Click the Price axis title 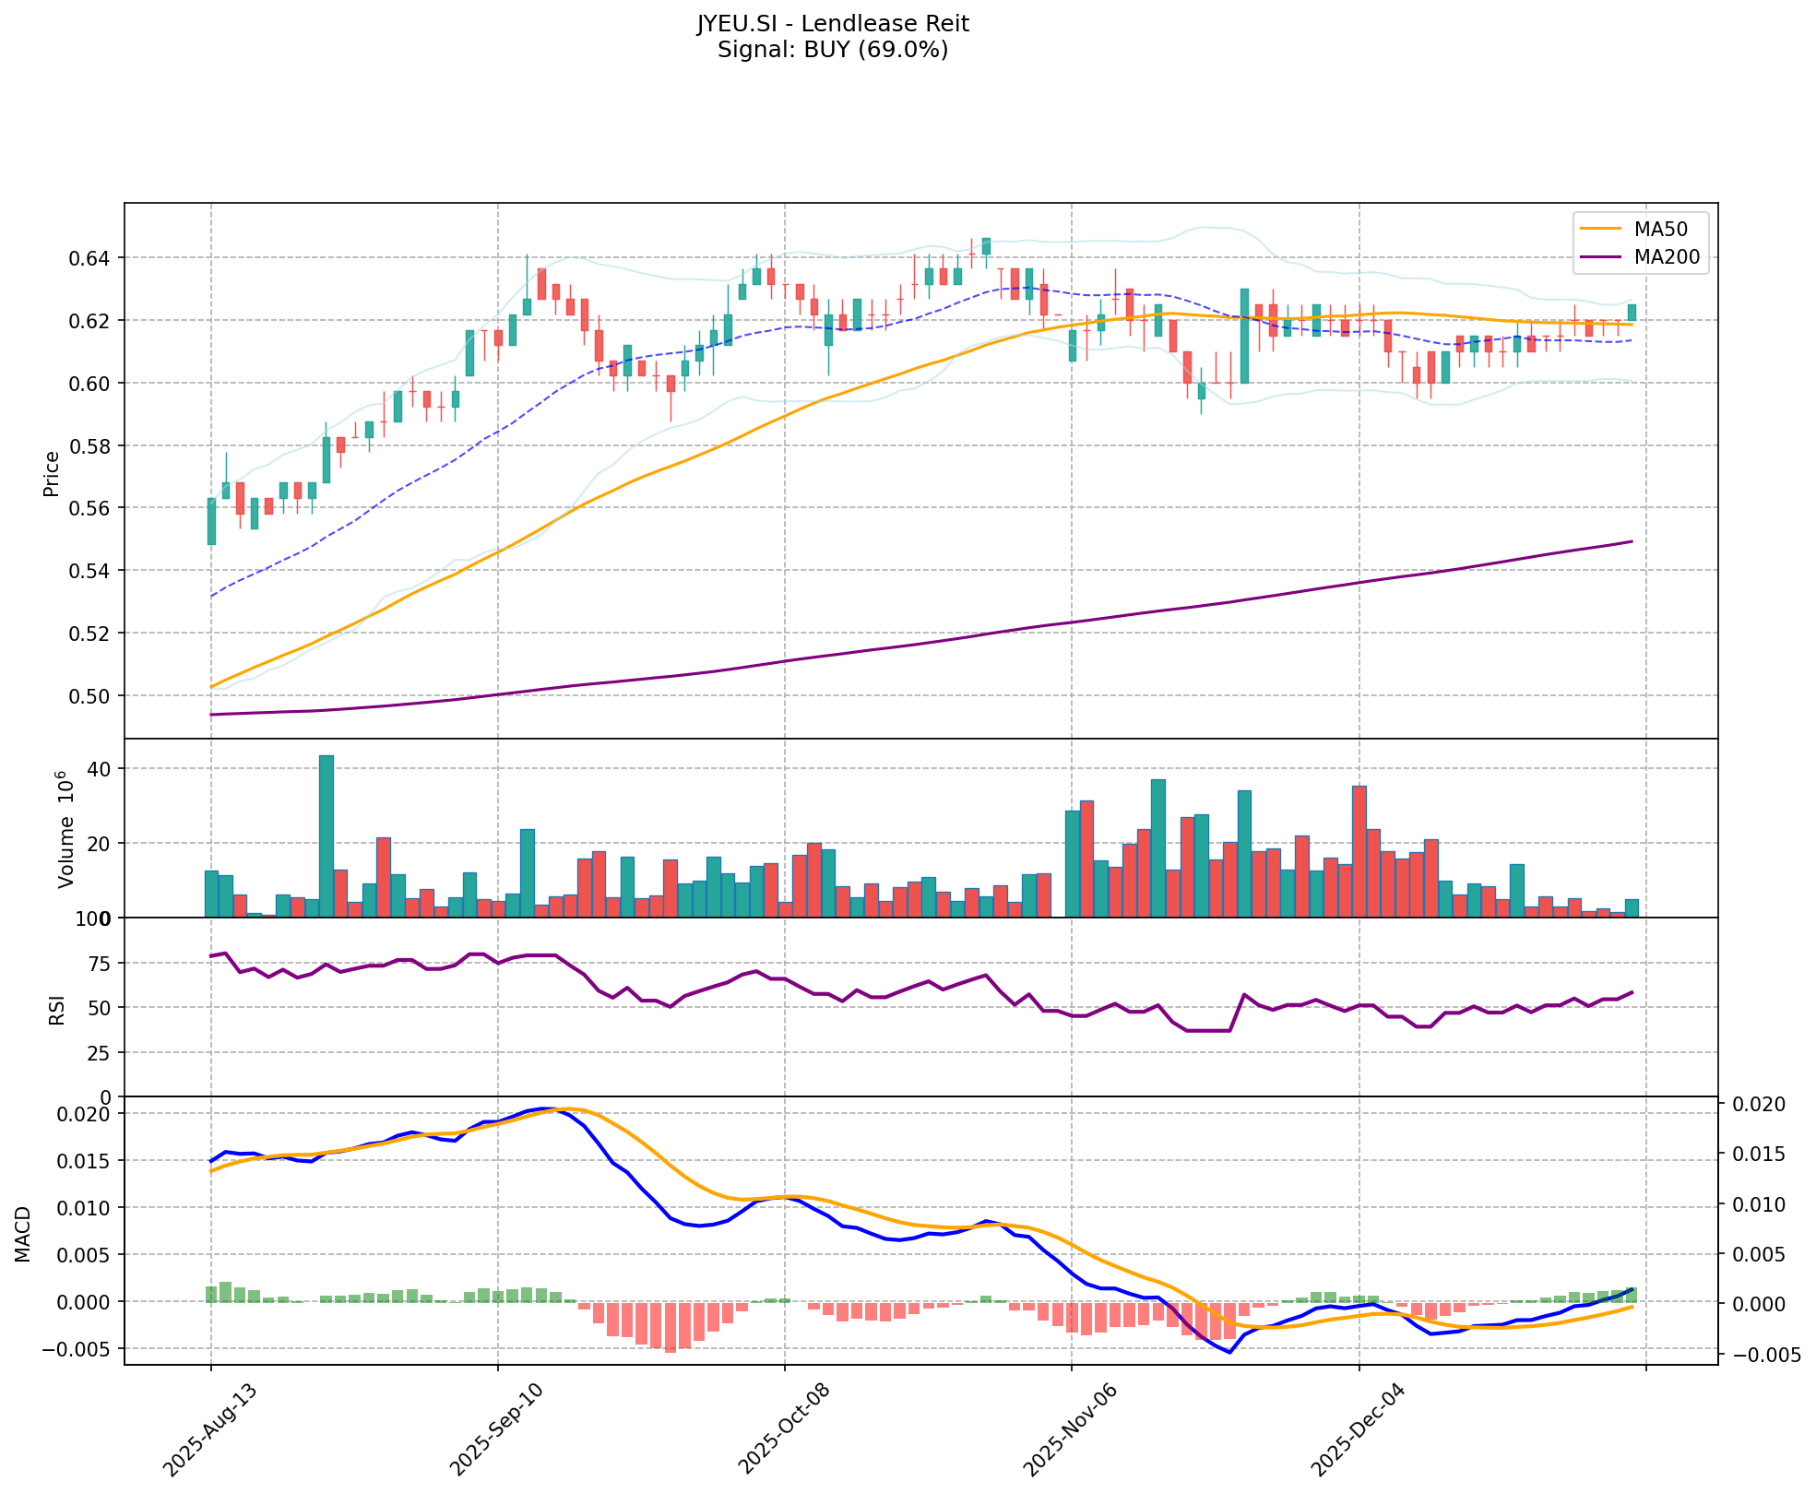(x=52, y=473)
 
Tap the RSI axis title (x=57, y=1009)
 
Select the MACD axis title (x=23, y=1234)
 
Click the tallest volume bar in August (x=326, y=835)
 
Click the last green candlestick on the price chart (x=1632, y=313)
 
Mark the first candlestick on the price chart (x=211, y=521)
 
